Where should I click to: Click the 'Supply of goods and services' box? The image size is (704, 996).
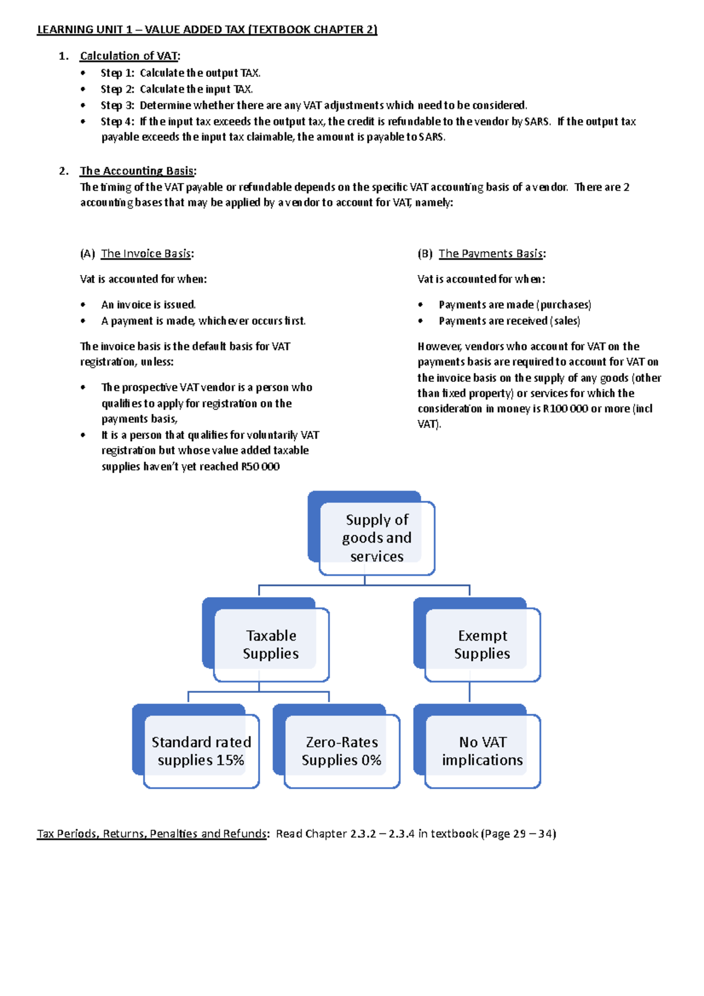[x=376, y=537]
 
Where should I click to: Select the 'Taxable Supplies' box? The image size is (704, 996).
[x=270, y=644]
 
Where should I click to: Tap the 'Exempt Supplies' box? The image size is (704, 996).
[x=482, y=644]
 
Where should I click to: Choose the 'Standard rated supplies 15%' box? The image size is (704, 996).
[x=201, y=751]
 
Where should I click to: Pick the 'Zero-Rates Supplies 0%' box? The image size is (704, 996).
[x=341, y=751]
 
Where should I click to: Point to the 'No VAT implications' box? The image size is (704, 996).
[x=482, y=751]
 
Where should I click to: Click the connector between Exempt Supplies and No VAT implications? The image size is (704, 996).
[x=469, y=692]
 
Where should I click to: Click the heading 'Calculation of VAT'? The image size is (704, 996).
[x=129, y=56]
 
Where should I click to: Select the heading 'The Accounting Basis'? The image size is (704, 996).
[x=137, y=171]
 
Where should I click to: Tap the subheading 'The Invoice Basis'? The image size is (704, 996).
[x=146, y=253]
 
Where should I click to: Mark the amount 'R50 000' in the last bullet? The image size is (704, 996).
[x=260, y=467]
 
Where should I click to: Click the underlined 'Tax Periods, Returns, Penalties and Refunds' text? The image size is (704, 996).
[x=152, y=834]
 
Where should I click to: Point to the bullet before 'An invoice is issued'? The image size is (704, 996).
[x=83, y=304]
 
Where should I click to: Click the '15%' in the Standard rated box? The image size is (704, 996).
[x=230, y=760]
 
